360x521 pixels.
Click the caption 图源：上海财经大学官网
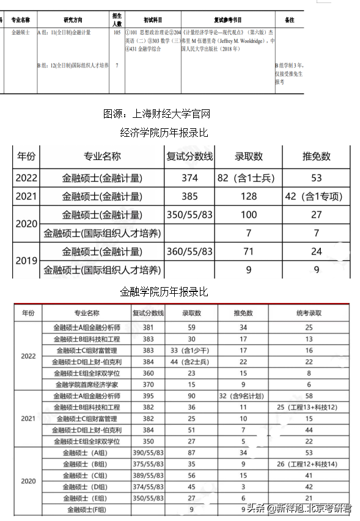[x=156, y=114]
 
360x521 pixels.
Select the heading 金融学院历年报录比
[x=164, y=292]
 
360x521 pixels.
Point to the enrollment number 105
[x=117, y=32]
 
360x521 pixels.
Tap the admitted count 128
[x=249, y=197]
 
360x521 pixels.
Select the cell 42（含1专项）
[x=316, y=197]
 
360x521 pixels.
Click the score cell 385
[x=189, y=197]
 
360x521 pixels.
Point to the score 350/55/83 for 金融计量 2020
[x=189, y=215]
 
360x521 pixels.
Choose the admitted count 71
[x=249, y=251]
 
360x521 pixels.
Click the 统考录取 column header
[x=309, y=313]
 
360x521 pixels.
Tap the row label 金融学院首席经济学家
[x=86, y=384]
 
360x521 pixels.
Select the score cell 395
[x=148, y=396]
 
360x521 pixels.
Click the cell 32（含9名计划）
[x=243, y=396]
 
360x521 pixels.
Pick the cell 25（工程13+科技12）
[x=309, y=407]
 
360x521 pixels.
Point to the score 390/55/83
[x=148, y=453]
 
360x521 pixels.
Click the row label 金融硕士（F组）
[x=86, y=509]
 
